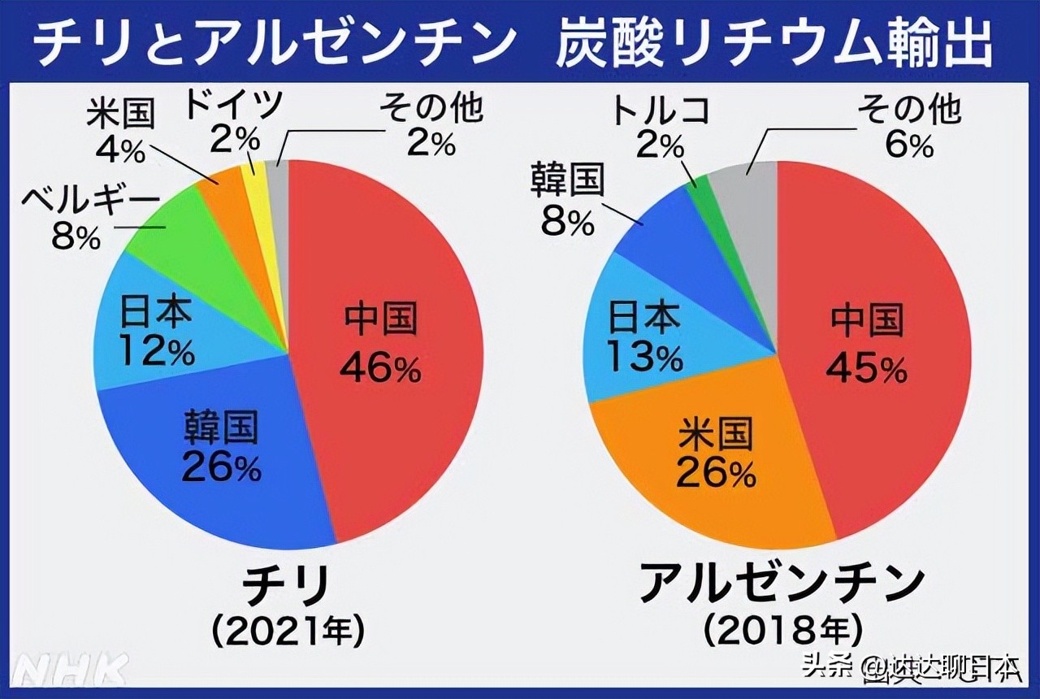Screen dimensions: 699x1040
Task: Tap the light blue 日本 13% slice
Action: pyautogui.click(x=642, y=333)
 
